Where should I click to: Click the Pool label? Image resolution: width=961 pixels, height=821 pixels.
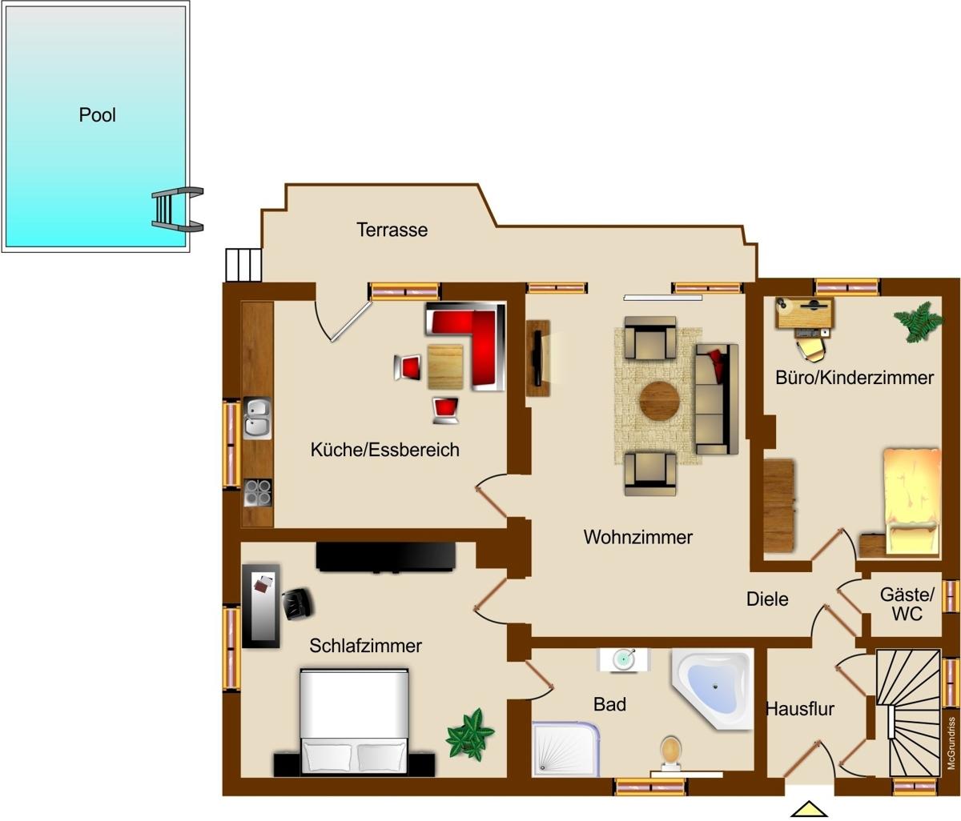coord(97,115)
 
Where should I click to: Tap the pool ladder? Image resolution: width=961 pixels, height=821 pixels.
coord(177,209)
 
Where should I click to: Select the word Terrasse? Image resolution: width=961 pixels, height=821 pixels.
coord(392,230)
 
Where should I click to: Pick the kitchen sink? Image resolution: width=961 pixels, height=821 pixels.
coord(257,418)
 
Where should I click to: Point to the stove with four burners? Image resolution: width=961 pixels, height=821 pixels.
coord(258,492)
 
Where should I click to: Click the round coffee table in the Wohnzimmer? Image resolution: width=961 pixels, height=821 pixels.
coord(659,401)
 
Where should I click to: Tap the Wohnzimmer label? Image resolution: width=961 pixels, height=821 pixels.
coord(638,537)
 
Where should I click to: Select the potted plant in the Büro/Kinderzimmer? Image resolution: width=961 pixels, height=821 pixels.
coord(918,322)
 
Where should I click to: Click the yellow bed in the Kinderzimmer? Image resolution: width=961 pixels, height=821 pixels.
coord(913,502)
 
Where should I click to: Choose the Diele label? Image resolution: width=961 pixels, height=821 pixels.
coord(767,599)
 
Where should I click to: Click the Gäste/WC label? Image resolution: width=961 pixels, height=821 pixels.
coord(907,604)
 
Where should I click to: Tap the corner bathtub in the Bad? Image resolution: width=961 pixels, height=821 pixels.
coord(712,689)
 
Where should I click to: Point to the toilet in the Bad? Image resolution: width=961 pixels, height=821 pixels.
coord(671,750)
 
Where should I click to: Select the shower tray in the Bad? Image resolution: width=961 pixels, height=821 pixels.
coord(565,748)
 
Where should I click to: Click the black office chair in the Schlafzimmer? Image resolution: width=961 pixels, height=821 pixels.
coord(298,603)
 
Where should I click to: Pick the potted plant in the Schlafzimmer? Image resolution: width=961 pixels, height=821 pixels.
coord(469,735)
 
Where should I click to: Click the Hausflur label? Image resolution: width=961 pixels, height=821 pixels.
coord(800,709)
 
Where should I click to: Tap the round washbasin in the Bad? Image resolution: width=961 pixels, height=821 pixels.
coord(623,659)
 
